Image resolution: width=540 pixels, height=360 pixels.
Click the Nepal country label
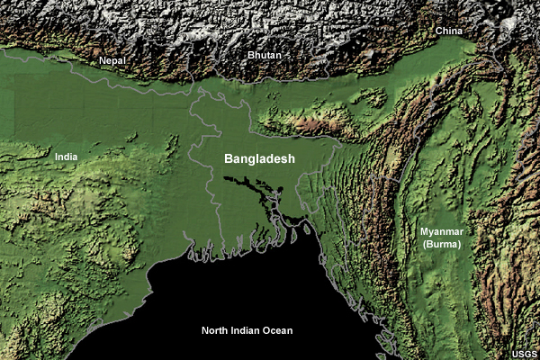click(112, 60)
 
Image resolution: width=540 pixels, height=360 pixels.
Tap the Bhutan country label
click(265, 56)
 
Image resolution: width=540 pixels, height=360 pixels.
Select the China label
click(449, 31)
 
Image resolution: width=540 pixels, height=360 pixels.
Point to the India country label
click(66, 157)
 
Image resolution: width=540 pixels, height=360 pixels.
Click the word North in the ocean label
click(214, 331)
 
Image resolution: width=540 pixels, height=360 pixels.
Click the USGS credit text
click(526, 353)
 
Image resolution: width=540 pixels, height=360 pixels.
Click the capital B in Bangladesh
click(229, 158)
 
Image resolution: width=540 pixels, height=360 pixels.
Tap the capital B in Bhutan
click(251, 56)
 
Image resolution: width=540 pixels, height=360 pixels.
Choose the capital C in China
click(438, 31)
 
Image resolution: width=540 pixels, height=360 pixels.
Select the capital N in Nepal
click(103, 60)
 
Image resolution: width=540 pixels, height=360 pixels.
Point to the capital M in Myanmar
click(424, 232)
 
